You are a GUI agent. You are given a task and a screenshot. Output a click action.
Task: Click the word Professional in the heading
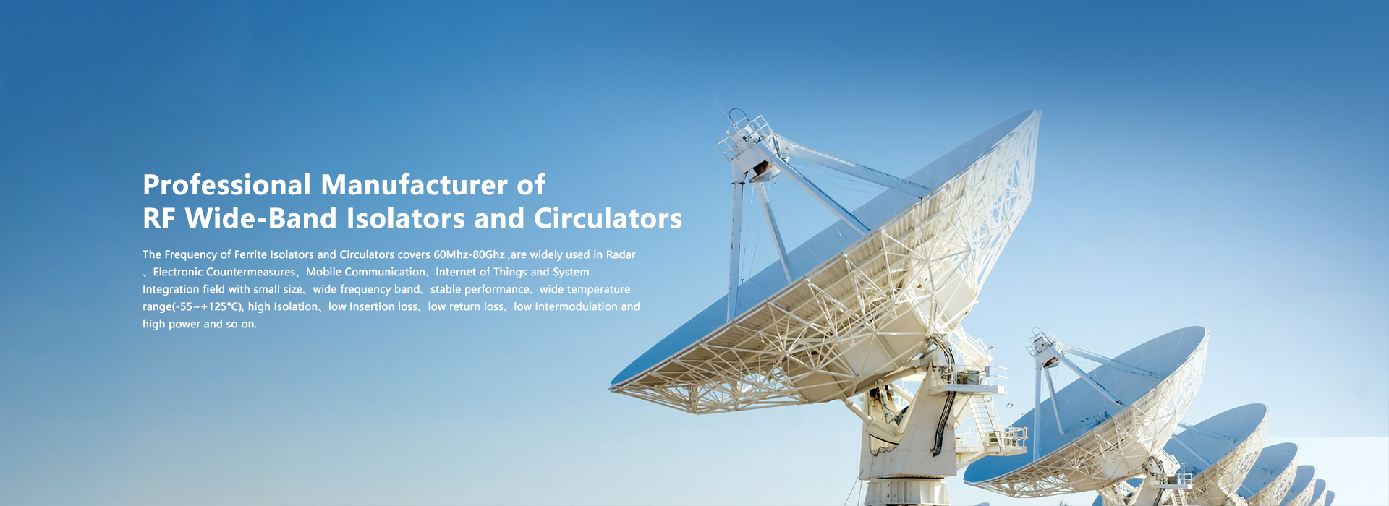[x=227, y=185]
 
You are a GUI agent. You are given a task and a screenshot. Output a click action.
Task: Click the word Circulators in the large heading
[x=608, y=218]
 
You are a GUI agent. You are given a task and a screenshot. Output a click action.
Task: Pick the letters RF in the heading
[x=159, y=218]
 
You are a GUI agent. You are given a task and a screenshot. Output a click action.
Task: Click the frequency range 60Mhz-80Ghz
[x=469, y=254]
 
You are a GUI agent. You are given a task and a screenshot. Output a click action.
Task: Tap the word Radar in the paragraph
[x=621, y=254]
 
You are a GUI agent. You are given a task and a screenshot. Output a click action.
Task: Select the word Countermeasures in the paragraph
[x=251, y=272]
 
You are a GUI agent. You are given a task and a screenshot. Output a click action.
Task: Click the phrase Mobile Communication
[x=365, y=272]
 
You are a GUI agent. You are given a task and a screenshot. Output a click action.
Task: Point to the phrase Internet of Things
[x=481, y=272]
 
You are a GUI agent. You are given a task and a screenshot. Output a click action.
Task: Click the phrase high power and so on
[x=200, y=324]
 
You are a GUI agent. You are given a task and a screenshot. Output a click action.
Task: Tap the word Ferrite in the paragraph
[x=250, y=254]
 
